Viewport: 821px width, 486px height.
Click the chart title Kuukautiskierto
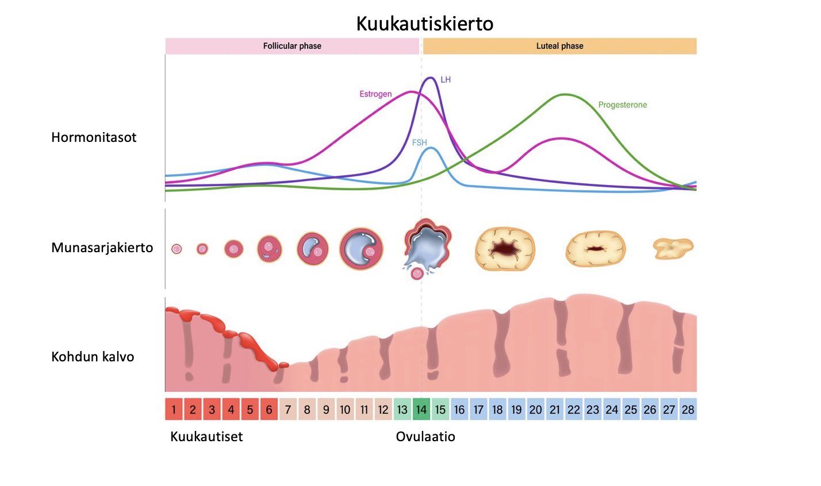(x=425, y=24)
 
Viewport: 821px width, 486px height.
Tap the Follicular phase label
(x=292, y=46)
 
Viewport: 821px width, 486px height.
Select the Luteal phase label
(x=559, y=46)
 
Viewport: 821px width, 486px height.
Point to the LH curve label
(x=446, y=79)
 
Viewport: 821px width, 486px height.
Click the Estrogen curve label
(x=375, y=94)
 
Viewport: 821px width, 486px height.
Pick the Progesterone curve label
(x=623, y=105)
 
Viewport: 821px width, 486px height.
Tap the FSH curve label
(x=420, y=142)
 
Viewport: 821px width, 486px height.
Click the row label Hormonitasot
(x=94, y=137)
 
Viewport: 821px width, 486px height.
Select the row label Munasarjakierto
(x=102, y=248)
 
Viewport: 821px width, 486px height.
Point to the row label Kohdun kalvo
(x=93, y=357)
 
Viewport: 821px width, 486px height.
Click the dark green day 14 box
(x=421, y=409)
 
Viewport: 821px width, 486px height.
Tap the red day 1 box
(x=174, y=409)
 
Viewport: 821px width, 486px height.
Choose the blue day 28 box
(x=688, y=409)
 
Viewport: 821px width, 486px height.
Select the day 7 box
(x=288, y=409)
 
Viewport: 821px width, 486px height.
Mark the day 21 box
(x=555, y=409)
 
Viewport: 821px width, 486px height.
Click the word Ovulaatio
(x=425, y=437)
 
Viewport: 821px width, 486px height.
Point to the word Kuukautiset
(x=207, y=437)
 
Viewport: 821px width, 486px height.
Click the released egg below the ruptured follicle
(x=417, y=273)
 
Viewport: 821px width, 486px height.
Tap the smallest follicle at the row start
(x=177, y=249)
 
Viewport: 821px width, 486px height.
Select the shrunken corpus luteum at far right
(x=673, y=248)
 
